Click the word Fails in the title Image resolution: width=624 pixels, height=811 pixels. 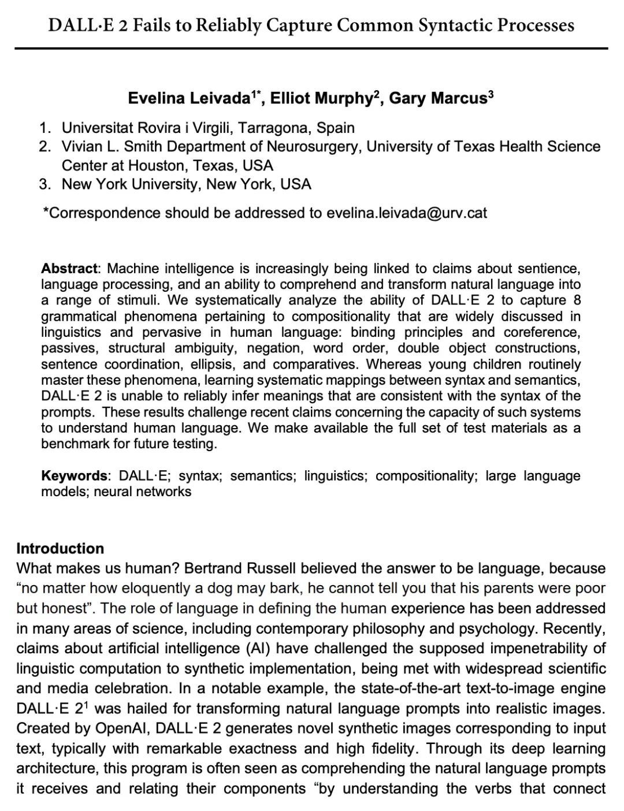(x=153, y=25)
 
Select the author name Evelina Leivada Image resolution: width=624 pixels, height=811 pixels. (x=190, y=98)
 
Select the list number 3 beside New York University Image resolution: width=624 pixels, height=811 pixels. (x=44, y=184)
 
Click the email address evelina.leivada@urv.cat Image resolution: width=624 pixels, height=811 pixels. (x=407, y=213)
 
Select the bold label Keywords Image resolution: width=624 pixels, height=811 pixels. (x=75, y=476)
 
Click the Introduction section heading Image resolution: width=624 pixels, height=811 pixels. (x=61, y=549)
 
